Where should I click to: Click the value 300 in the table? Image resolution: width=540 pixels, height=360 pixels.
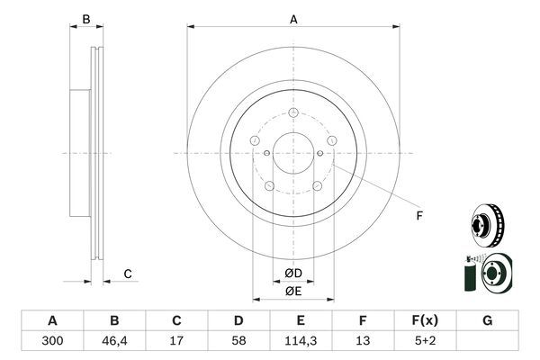point(52,341)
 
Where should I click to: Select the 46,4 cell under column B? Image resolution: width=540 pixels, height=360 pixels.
point(114,341)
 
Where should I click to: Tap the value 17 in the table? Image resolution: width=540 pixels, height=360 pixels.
point(176,341)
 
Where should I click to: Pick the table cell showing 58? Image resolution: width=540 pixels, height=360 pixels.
point(238,341)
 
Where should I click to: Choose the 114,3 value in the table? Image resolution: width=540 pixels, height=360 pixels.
point(301,341)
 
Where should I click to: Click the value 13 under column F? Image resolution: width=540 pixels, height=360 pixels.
point(363,341)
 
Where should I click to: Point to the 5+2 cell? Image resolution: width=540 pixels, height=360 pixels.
point(425,341)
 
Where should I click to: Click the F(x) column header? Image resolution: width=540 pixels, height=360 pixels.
point(425,320)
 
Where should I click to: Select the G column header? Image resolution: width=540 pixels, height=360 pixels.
point(487,320)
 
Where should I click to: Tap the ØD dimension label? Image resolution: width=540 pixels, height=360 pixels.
point(293,274)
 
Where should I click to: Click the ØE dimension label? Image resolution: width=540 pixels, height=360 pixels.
point(293,292)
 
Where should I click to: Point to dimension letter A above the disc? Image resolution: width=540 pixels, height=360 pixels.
point(293,19)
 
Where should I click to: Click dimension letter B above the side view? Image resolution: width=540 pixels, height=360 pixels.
point(86,19)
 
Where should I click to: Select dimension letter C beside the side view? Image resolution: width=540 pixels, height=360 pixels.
point(128,274)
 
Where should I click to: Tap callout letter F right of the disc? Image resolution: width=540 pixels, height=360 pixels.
point(419,216)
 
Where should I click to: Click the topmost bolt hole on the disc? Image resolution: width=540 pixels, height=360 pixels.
point(293,112)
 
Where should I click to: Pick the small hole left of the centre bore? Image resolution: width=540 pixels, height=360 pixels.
point(266,153)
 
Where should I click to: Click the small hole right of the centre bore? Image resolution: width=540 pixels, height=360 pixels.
point(319,153)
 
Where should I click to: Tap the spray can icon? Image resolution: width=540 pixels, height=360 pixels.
point(470,274)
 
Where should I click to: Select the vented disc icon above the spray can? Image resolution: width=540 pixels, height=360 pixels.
point(487,225)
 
